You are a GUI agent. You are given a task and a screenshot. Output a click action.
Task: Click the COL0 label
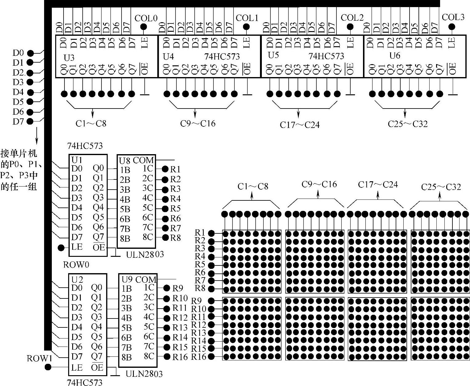click(x=146, y=18)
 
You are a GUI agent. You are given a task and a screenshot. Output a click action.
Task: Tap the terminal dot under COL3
click(x=452, y=27)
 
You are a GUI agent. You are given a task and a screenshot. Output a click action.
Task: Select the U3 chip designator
click(x=69, y=58)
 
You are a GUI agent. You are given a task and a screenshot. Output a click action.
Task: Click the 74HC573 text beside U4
click(x=222, y=56)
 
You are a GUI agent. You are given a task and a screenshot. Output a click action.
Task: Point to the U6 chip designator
click(x=395, y=55)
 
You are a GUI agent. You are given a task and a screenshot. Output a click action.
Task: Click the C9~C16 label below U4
click(x=198, y=124)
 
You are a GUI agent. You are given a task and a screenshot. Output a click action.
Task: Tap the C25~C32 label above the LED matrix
click(x=441, y=187)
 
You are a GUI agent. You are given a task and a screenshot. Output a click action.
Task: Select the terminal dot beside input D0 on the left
click(x=30, y=53)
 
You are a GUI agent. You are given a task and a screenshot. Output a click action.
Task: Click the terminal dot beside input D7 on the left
click(x=30, y=121)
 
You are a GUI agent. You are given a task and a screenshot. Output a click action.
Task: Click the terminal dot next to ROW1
click(x=48, y=367)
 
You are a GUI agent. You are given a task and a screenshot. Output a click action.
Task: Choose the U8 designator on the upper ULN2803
click(x=125, y=160)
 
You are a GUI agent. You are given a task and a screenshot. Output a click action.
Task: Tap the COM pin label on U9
click(x=146, y=280)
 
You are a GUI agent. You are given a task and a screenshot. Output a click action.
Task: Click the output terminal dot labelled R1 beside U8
click(x=165, y=169)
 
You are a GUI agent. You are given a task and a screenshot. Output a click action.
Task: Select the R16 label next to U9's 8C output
click(x=180, y=357)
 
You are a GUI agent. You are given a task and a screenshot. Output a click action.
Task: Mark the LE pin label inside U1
click(x=77, y=247)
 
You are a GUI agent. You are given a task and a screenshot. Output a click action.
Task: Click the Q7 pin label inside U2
click(x=97, y=356)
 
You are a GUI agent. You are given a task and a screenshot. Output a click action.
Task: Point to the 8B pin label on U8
click(x=125, y=239)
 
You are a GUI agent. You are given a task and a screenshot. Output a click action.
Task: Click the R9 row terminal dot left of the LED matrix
click(x=212, y=301)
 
